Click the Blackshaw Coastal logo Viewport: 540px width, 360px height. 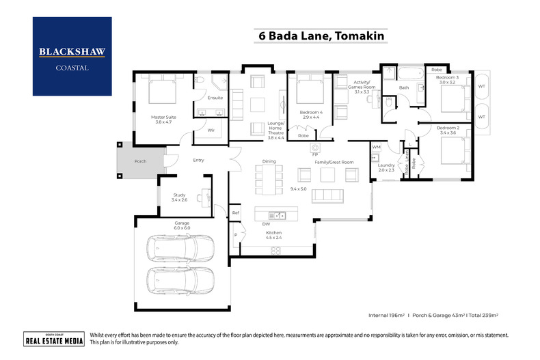(x=72, y=56)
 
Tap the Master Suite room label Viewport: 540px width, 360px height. (x=163, y=120)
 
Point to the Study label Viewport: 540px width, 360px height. (x=178, y=197)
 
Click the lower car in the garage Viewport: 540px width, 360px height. (x=181, y=280)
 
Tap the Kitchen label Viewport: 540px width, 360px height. (x=273, y=235)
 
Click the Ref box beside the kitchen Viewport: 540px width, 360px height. (x=235, y=212)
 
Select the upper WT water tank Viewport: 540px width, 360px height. (x=481, y=87)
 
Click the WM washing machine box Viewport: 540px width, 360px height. (x=376, y=147)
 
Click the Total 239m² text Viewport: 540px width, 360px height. (x=482, y=316)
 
